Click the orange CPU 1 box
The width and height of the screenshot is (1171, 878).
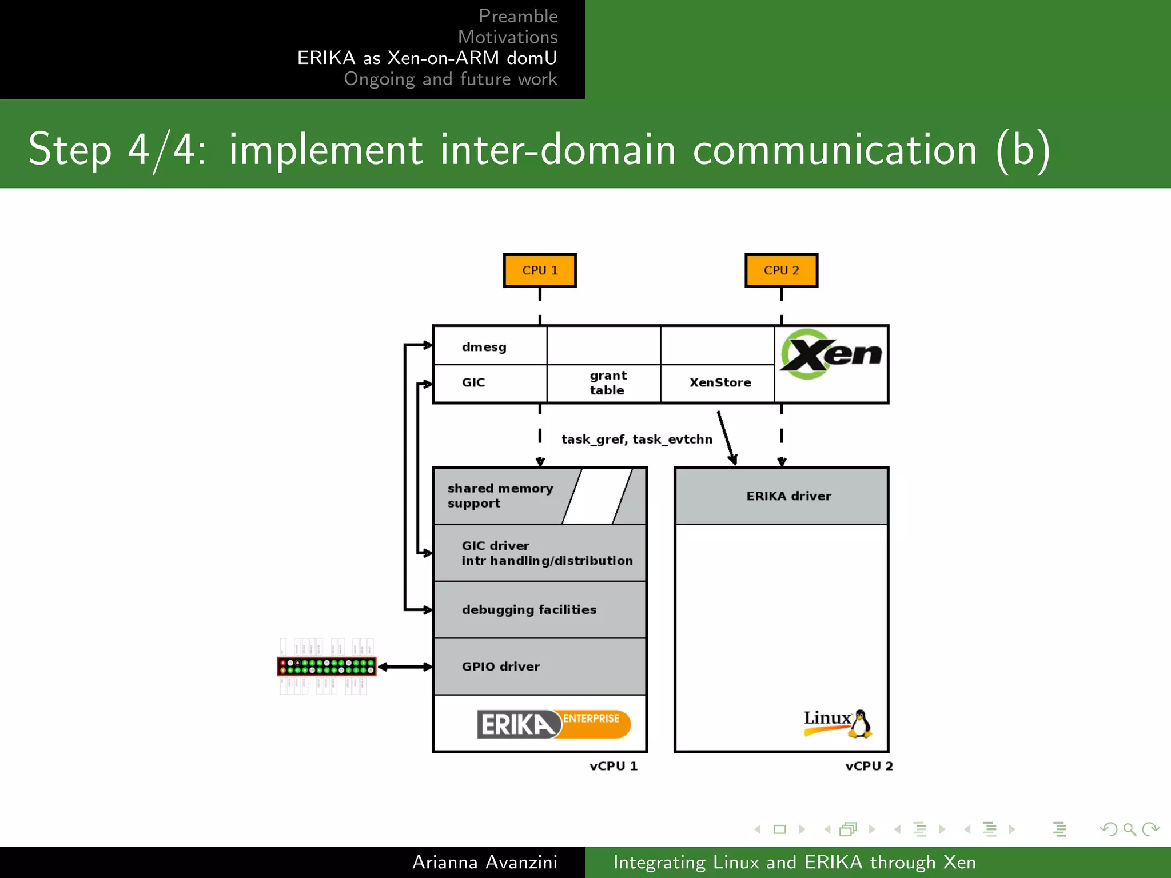click(539, 270)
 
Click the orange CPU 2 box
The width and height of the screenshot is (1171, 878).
click(781, 270)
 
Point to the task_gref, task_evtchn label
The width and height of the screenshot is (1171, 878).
click(636, 439)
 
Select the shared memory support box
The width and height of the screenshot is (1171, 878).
click(501, 496)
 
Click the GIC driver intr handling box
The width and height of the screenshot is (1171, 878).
click(540, 553)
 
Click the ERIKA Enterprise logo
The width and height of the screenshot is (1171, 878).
click(553, 724)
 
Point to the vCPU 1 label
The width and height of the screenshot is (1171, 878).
click(613, 766)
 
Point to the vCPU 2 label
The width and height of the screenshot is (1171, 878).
click(869, 766)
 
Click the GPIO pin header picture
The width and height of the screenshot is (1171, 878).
click(326, 667)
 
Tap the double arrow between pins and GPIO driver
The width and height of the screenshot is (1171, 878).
click(405, 667)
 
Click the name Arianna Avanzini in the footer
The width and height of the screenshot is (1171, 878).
click(484, 862)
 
